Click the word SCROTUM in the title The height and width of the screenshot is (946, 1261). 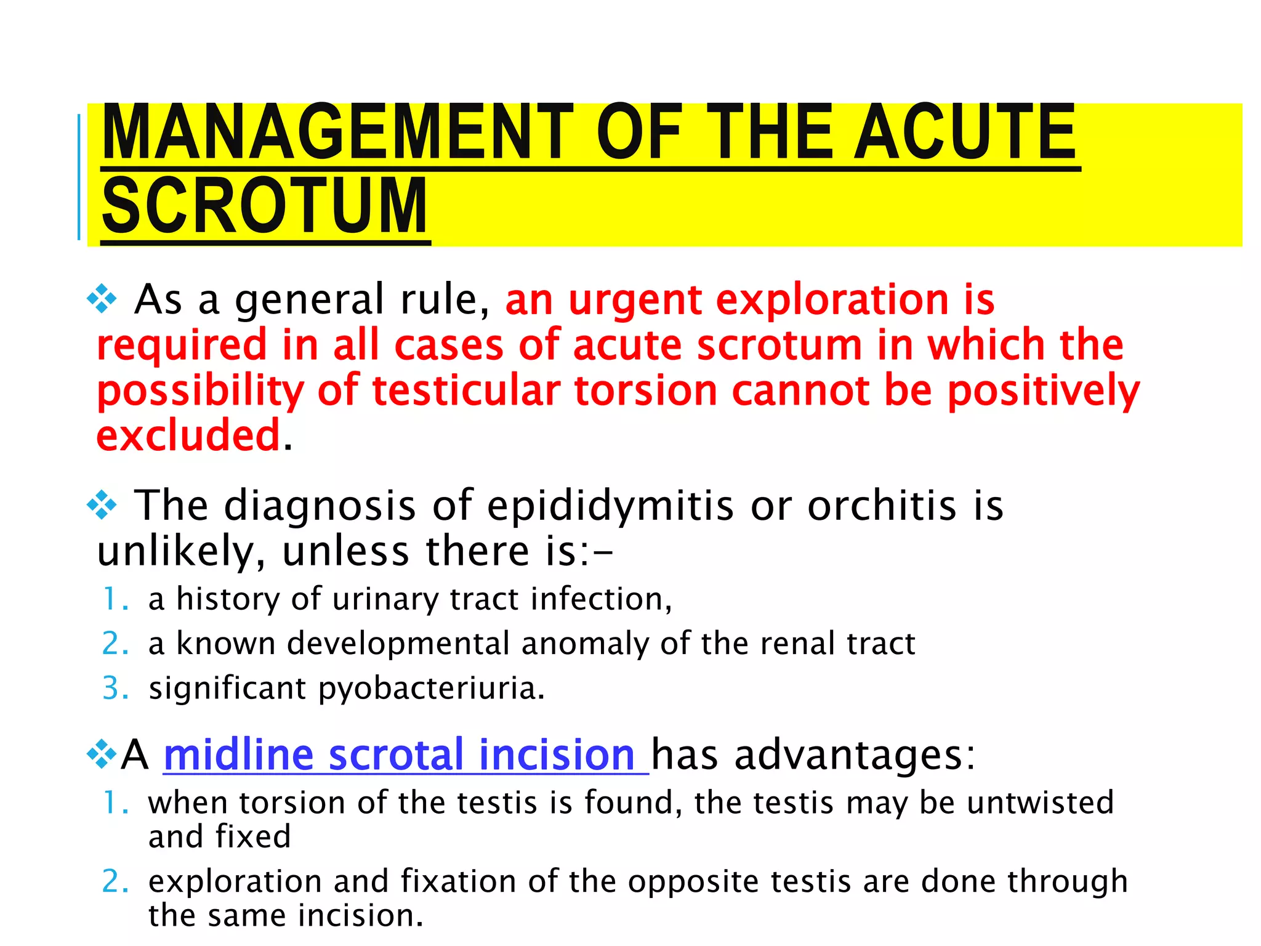tap(265, 206)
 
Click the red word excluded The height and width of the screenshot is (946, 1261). tap(188, 435)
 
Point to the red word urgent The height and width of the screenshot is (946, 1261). tap(634, 301)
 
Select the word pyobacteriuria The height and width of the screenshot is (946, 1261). tap(431, 689)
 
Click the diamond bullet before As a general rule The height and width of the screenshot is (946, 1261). tap(102, 301)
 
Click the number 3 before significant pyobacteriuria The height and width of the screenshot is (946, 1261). tap(113, 689)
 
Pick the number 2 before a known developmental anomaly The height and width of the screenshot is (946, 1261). tap(113, 644)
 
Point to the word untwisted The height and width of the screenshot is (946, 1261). tap(1041, 803)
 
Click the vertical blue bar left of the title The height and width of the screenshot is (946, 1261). tap(79, 177)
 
